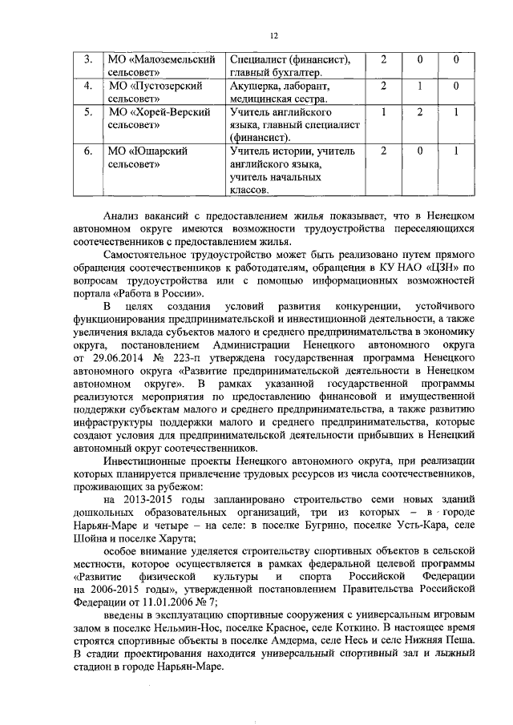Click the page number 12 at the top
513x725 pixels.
273,36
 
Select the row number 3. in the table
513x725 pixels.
89,60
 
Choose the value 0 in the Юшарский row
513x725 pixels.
418,150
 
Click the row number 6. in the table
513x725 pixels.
89,150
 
